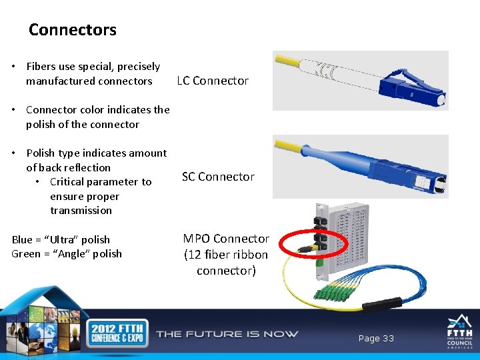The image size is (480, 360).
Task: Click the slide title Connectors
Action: point(73,30)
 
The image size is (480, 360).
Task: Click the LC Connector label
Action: point(213,81)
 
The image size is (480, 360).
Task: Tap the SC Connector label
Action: point(218,177)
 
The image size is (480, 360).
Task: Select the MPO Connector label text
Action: point(226,239)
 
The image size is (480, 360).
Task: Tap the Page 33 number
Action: point(376,339)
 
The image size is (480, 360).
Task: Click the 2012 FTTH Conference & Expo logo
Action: point(117,333)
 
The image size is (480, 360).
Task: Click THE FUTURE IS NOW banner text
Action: point(227,334)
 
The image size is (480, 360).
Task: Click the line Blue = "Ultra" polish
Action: point(61,239)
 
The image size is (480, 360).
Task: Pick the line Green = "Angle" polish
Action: point(67,253)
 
